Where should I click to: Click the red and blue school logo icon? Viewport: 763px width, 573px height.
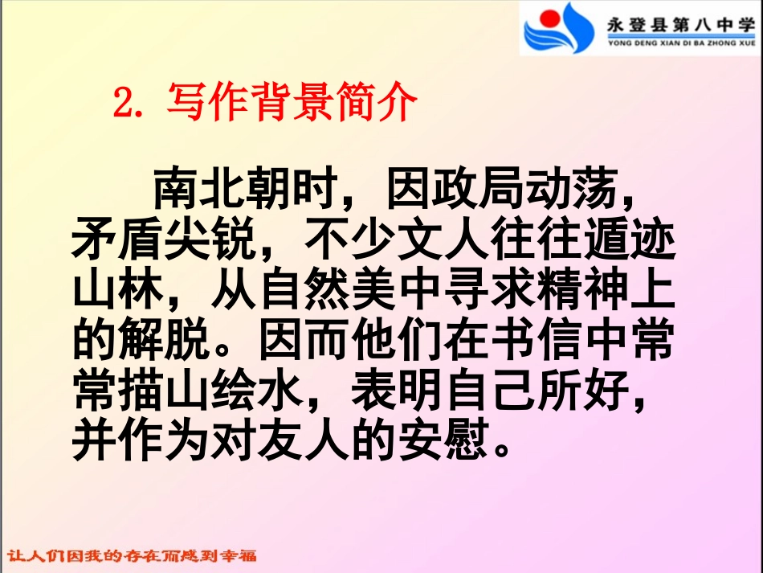click(558, 28)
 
